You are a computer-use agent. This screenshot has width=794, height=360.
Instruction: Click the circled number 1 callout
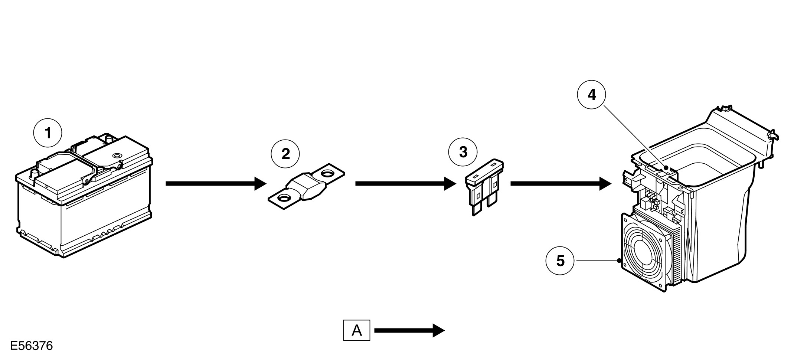click(x=48, y=133)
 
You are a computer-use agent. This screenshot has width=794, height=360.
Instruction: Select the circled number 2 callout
click(x=285, y=154)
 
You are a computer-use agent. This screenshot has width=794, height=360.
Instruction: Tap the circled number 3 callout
click(x=463, y=152)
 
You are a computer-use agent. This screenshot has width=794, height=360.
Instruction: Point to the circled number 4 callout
click(x=591, y=95)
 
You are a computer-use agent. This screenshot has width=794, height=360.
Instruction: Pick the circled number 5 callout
click(x=560, y=261)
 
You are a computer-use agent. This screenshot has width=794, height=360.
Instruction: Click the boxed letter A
click(x=356, y=330)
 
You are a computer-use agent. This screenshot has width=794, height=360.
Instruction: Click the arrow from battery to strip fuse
click(x=216, y=183)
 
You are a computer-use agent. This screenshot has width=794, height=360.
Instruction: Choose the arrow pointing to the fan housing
click(x=561, y=183)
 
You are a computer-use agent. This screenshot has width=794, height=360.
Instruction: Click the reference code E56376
click(x=32, y=346)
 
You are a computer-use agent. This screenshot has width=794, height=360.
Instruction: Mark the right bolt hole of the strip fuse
click(x=328, y=173)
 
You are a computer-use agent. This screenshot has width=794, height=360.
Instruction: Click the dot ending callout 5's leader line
click(x=619, y=261)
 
